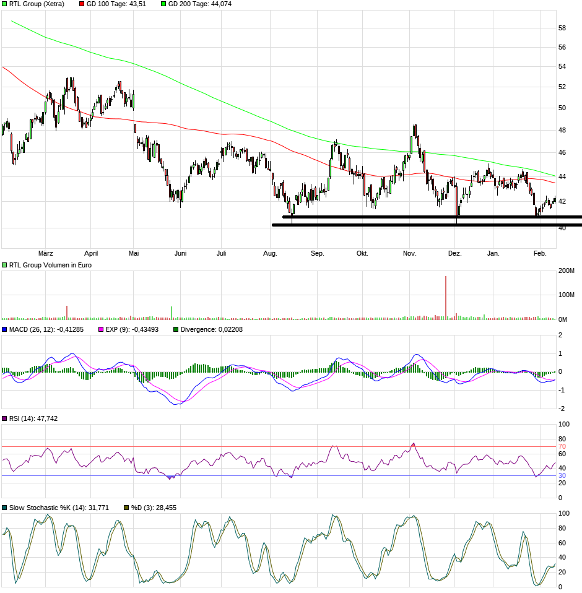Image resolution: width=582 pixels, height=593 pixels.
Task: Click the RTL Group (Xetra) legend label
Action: pyautogui.click(x=37, y=4)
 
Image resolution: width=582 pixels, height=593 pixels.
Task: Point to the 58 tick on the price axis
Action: pyautogui.click(x=562, y=28)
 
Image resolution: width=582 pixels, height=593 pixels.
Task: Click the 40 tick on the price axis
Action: pyautogui.click(x=562, y=228)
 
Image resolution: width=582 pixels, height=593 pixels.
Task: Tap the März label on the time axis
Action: pyautogui.click(x=46, y=253)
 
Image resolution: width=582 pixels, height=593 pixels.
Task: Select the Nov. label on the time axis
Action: pyautogui.click(x=409, y=253)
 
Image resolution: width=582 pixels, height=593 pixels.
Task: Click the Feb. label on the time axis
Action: pyautogui.click(x=541, y=253)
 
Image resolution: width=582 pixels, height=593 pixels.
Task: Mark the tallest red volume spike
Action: pyautogui.click(x=446, y=297)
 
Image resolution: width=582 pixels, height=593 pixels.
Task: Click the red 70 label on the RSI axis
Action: pyautogui.click(x=562, y=446)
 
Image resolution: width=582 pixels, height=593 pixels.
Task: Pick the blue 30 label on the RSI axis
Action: pyautogui.click(x=562, y=475)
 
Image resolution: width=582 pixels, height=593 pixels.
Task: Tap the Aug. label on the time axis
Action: pyautogui.click(x=270, y=253)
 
